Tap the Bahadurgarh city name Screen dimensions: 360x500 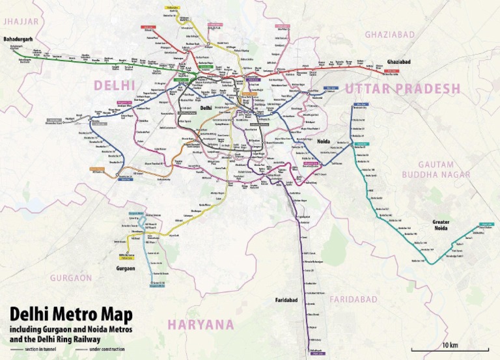click(x=18, y=40)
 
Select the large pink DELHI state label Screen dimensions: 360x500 click(x=115, y=85)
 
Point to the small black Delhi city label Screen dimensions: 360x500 click(x=206, y=108)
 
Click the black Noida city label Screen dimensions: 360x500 click(x=323, y=141)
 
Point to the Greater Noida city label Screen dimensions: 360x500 click(x=444, y=225)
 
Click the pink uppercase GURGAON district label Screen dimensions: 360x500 click(x=72, y=277)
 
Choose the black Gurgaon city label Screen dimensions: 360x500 click(x=124, y=268)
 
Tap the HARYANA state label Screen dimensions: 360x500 click(x=201, y=324)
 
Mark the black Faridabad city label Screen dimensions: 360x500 click(x=282, y=301)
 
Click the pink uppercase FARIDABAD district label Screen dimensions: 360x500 click(x=354, y=299)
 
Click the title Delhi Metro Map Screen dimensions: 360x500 click(x=70, y=315)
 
